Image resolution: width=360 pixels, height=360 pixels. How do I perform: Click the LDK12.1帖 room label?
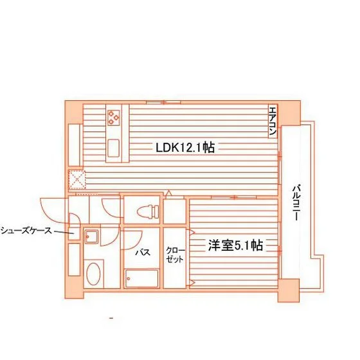(185, 147)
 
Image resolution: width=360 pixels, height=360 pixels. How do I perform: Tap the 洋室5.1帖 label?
(235, 245)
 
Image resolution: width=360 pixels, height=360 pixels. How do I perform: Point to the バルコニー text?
(296, 203)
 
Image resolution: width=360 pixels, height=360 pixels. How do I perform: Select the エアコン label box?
(273, 122)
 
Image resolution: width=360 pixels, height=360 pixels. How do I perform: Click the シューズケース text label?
(26, 231)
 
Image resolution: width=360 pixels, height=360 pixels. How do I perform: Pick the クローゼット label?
(175, 255)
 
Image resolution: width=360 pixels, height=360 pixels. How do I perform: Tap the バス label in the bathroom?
(143, 253)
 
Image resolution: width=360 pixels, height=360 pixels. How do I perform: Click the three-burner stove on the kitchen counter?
(114, 118)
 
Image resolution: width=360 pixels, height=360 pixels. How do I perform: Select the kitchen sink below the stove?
(113, 148)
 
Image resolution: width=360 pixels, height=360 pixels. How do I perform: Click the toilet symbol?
(148, 211)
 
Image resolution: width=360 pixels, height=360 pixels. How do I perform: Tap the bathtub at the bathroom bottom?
(141, 278)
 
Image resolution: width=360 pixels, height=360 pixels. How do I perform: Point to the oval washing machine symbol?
(93, 274)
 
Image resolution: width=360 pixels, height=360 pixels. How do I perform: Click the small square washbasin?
(91, 237)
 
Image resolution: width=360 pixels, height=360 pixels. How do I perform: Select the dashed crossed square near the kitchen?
(76, 179)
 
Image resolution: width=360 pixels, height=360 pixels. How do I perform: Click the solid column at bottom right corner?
(289, 291)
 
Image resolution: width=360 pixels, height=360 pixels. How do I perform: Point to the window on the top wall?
(163, 102)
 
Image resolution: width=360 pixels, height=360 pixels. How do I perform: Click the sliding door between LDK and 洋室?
(233, 197)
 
